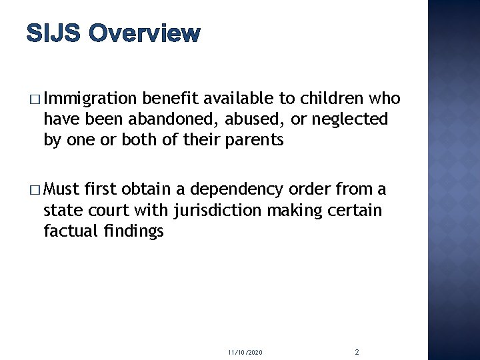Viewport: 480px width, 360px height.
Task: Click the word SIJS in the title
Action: click(54, 33)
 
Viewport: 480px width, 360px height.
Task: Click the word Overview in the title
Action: click(144, 33)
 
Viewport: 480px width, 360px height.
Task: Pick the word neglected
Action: click(349, 119)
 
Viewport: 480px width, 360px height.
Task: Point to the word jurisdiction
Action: click(213, 211)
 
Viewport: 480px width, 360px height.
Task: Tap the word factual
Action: click(69, 231)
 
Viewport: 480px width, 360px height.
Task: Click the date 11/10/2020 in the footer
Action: click(245, 351)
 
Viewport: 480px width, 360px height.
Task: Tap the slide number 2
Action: click(357, 351)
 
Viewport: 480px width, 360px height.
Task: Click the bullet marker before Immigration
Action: click(34, 100)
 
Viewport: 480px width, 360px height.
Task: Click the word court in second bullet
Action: click(106, 211)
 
